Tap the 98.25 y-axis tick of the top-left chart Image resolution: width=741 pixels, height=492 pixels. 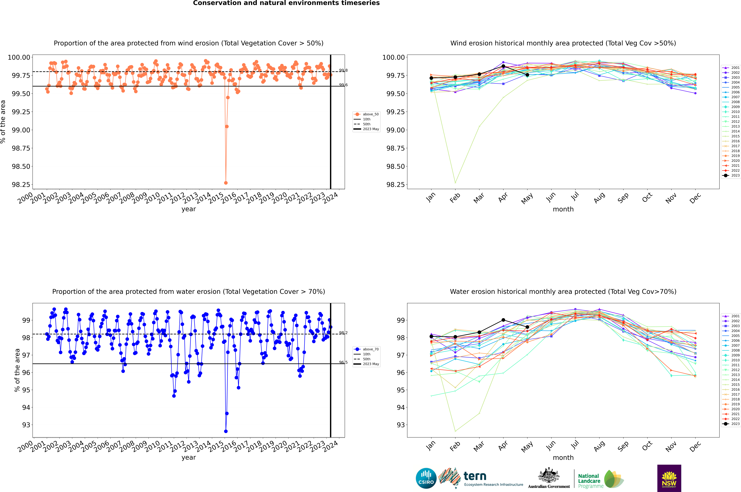click(21, 184)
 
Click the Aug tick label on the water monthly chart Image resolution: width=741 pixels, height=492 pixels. click(599, 446)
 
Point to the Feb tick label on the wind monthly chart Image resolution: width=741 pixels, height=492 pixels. click(455, 198)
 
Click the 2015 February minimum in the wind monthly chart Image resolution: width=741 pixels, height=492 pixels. click(455, 183)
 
